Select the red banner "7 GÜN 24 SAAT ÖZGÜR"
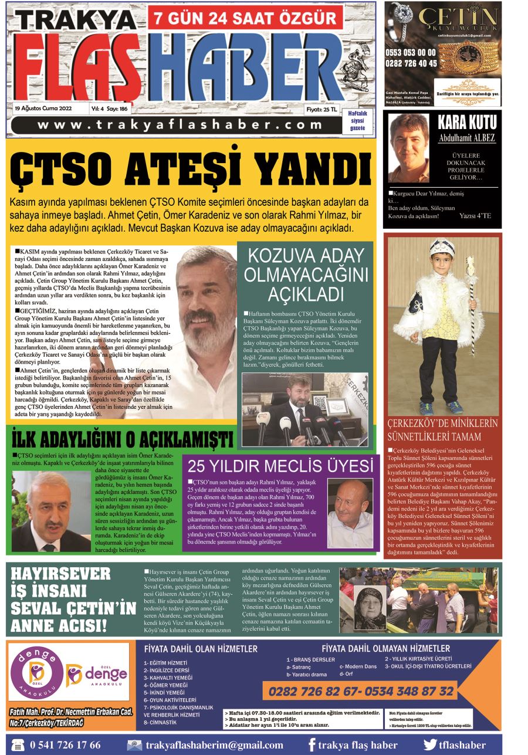click(245, 18)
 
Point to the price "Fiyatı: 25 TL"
click(321, 109)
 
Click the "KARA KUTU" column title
click(467, 123)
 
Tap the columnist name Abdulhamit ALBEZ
click(467, 138)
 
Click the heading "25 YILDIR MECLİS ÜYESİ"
click(280, 466)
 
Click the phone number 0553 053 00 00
click(411, 53)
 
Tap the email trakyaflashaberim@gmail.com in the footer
click(214, 745)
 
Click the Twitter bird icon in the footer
click(431, 745)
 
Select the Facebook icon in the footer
click(312, 745)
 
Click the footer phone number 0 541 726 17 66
click(65, 745)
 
